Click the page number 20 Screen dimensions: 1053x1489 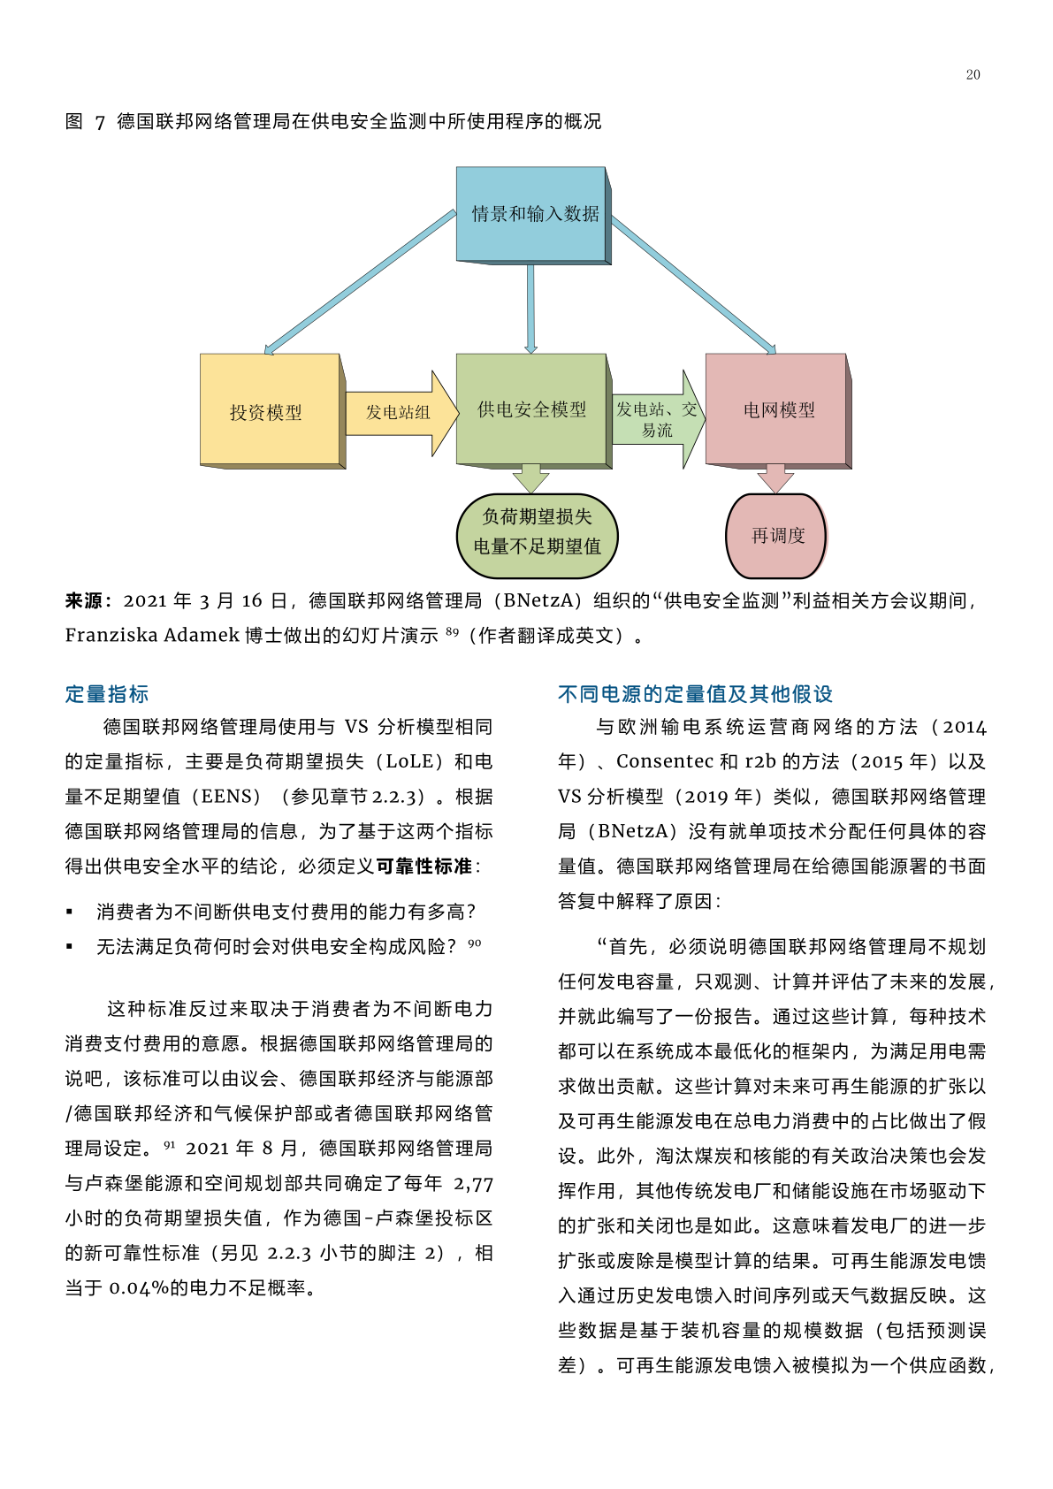tap(973, 74)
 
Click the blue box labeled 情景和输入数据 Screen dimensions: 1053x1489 tap(534, 216)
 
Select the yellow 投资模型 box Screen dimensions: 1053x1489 tap(272, 411)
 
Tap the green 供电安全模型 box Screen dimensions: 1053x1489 tap(534, 411)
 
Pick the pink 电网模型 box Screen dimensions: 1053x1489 tap(778, 411)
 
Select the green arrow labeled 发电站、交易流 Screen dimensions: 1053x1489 tap(658, 419)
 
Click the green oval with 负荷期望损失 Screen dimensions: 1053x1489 tap(538, 536)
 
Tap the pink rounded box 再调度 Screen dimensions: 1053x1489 tap(775, 536)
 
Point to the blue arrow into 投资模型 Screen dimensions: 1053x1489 tap(360, 283)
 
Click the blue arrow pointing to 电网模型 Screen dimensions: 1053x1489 tap(693, 286)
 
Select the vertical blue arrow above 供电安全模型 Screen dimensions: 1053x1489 tap(530, 309)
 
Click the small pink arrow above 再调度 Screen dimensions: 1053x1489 tap(775, 479)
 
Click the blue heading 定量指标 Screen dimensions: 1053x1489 tap(106, 694)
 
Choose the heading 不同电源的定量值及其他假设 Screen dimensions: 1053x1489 tap(695, 694)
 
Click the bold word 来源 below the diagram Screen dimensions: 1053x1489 tap(84, 601)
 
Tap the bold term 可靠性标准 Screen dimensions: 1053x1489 tap(424, 867)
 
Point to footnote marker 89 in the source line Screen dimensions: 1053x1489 tap(452, 631)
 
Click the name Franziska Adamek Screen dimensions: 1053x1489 tap(152, 636)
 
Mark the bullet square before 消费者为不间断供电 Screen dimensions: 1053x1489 tap(69, 912)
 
